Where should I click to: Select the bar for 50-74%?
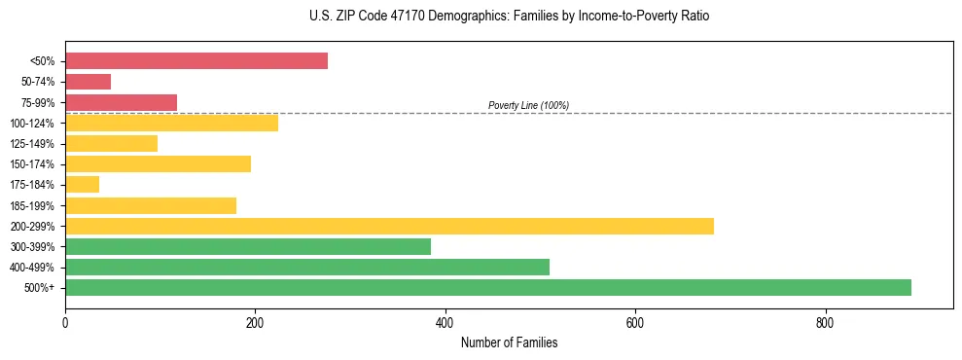[88, 82]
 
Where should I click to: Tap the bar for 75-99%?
[121, 102]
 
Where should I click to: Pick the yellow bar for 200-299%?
[389, 226]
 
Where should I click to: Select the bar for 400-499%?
[307, 267]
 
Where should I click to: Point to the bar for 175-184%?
[82, 184]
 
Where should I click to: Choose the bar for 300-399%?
[248, 246]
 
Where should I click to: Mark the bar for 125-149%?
[111, 143]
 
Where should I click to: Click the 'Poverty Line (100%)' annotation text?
[528, 105]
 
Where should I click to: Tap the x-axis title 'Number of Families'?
[509, 343]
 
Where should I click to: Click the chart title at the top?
[509, 17]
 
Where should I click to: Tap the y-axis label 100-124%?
[32, 124]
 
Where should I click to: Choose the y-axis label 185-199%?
[32, 205]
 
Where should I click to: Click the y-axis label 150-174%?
[32, 164]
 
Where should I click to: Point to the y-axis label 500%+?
[40, 288]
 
